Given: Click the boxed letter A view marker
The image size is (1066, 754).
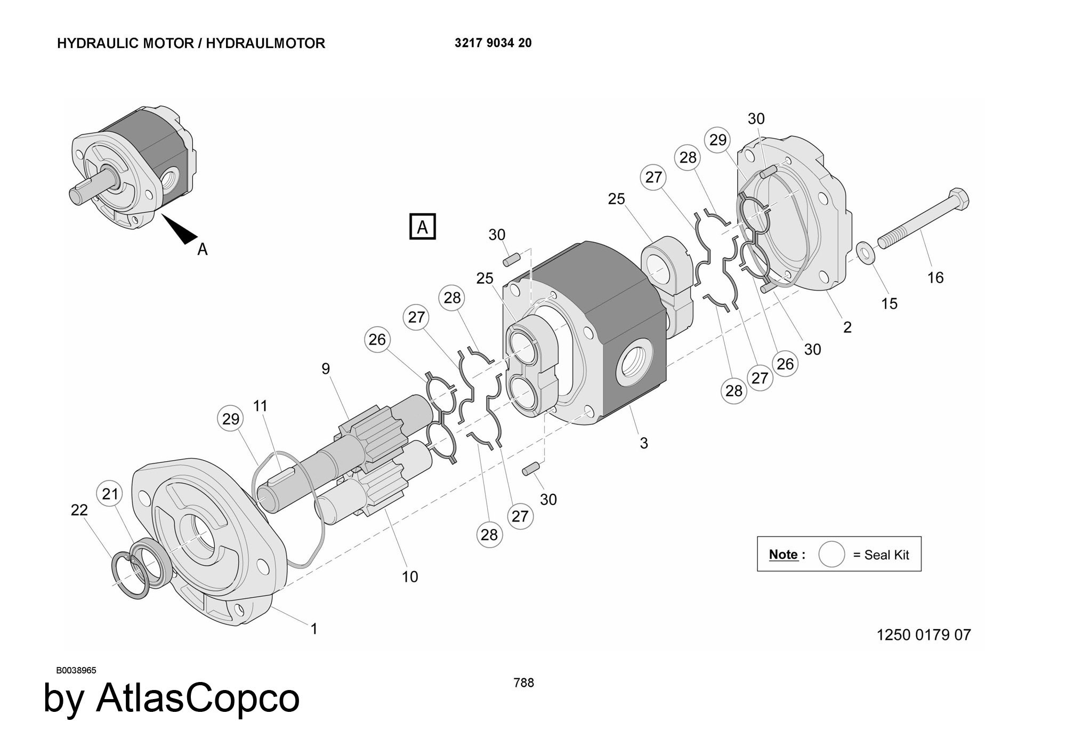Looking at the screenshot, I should pyautogui.click(x=422, y=227).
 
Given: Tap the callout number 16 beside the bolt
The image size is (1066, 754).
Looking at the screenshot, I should pyautogui.click(x=935, y=277).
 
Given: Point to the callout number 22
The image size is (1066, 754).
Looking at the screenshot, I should pyautogui.click(x=79, y=510).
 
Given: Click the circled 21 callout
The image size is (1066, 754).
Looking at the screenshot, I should pyautogui.click(x=110, y=494).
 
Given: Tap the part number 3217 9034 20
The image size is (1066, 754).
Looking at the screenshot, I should pyautogui.click(x=492, y=43).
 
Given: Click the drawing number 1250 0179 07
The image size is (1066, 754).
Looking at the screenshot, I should pyautogui.click(x=923, y=635).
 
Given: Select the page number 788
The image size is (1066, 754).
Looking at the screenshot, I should pyautogui.click(x=523, y=683).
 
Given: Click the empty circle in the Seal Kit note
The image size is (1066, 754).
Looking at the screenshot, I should pyautogui.click(x=831, y=555).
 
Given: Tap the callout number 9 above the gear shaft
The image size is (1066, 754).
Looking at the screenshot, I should pyautogui.click(x=326, y=368).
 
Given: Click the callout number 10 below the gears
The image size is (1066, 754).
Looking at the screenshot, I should pyautogui.click(x=409, y=576).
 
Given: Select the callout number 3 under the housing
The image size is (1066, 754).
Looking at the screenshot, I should pyautogui.click(x=643, y=443).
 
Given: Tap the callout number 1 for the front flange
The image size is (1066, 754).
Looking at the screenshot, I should pyautogui.click(x=314, y=629).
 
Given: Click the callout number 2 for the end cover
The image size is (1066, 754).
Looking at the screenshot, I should pyautogui.click(x=847, y=327).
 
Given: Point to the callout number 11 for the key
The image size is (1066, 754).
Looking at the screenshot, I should pyautogui.click(x=260, y=406).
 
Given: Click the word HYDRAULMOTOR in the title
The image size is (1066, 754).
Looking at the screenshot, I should pyautogui.click(x=265, y=43).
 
